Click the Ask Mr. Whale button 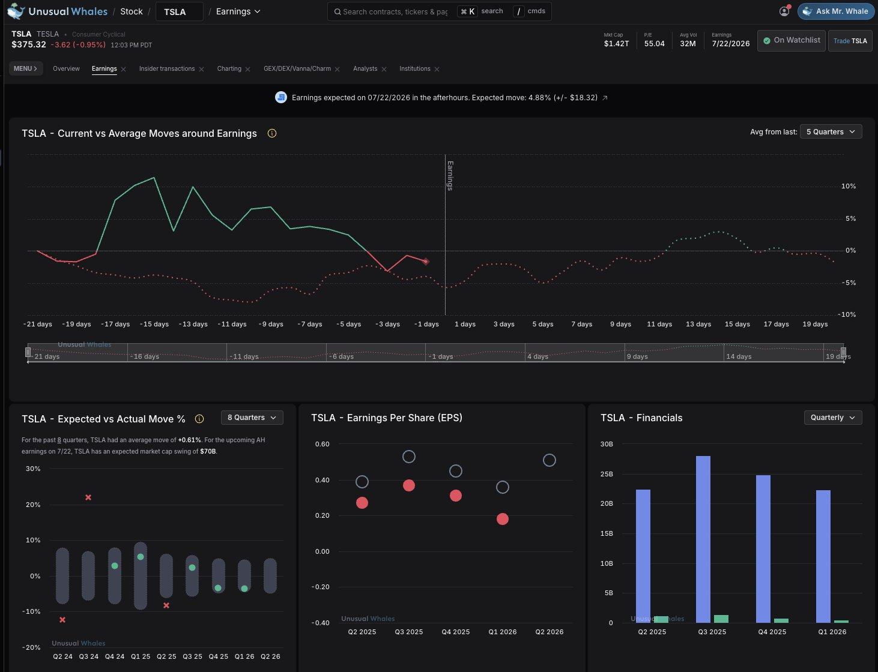[835, 11]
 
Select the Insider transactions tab [167, 68]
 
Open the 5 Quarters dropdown [831, 132]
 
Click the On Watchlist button [791, 40]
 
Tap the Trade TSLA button [850, 41]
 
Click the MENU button [25, 68]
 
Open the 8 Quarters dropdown [252, 418]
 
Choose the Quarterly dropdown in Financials [833, 418]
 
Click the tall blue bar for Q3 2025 [703, 539]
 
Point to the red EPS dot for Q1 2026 [502, 519]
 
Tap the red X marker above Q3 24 [88, 497]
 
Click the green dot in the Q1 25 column [141, 557]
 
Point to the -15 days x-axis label [154, 324]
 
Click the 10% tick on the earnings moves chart [849, 186]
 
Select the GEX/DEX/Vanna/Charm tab [297, 68]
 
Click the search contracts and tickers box [394, 12]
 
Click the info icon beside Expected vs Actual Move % [199, 419]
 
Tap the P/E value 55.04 [654, 44]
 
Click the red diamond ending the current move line [425, 262]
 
